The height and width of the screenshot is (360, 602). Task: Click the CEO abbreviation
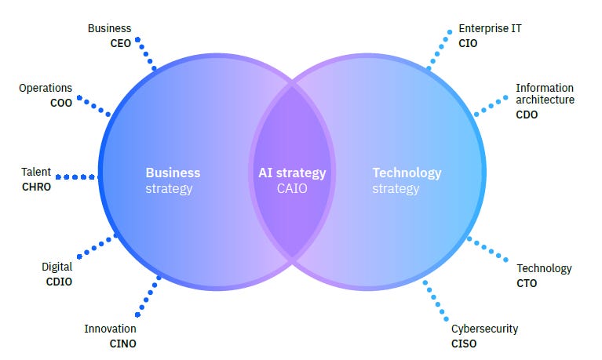tap(120, 43)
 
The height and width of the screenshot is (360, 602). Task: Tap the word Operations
tap(46, 89)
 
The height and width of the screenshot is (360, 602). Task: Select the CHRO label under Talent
tap(36, 187)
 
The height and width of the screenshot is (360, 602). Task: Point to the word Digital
tap(57, 267)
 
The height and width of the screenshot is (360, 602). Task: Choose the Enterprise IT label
tap(490, 29)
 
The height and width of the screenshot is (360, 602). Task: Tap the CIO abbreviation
tap(468, 43)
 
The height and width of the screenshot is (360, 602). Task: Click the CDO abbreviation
tap(527, 115)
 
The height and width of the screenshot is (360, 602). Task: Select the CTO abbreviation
tap(527, 282)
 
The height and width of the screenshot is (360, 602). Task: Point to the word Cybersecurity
tap(484, 329)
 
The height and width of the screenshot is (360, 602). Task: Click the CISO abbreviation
tap(464, 343)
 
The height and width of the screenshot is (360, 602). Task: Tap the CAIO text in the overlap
tap(292, 188)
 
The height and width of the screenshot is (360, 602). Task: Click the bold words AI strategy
tap(292, 173)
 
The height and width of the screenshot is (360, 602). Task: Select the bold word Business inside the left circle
tap(173, 173)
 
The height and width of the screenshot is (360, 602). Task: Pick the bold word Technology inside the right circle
tap(407, 173)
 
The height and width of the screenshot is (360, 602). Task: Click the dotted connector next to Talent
tap(76, 176)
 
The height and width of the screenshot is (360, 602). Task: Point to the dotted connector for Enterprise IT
tap(438, 51)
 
